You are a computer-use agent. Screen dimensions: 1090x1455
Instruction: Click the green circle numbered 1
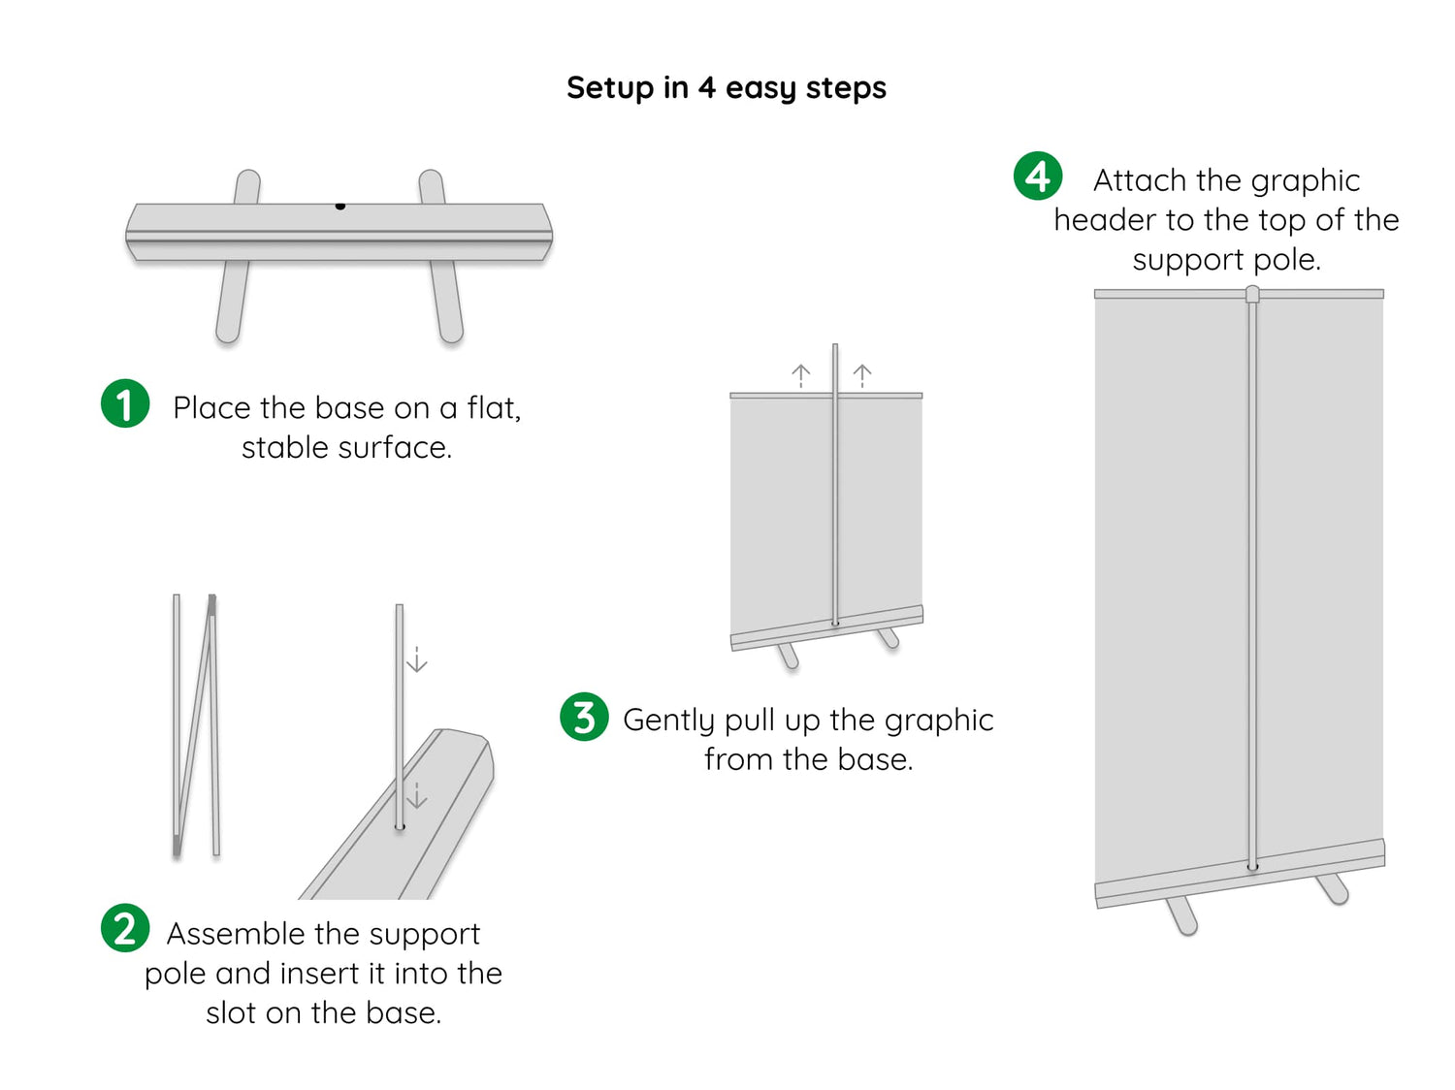click(x=125, y=403)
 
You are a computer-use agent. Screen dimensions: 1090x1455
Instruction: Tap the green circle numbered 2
click(x=125, y=928)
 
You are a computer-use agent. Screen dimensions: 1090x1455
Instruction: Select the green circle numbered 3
click(x=584, y=717)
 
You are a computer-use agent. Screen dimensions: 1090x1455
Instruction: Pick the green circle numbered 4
click(x=1038, y=176)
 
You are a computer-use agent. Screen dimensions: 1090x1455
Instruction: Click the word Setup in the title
click(x=610, y=87)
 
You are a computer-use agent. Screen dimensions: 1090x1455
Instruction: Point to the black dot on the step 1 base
click(x=340, y=206)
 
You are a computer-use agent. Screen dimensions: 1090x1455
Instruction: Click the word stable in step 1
click(x=281, y=447)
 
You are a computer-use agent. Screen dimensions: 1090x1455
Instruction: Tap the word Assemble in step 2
click(x=237, y=933)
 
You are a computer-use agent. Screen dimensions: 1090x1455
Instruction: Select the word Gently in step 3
click(x=669, y=721)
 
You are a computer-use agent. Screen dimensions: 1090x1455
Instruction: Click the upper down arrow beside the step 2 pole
click(x=417, y=660)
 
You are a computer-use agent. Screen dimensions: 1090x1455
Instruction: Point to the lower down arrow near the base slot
click(x=417, y=796)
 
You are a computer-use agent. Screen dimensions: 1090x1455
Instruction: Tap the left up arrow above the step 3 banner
click(x=801, y=374)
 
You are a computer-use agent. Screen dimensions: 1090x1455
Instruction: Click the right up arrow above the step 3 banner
click(x=862, y=374)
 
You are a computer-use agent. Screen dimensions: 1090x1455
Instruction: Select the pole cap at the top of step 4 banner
click(x=1252, y=293)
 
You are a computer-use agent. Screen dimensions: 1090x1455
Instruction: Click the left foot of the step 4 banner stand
click(x=1182, y=915)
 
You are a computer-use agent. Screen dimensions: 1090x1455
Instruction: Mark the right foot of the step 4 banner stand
click(x=1332, y=887)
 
